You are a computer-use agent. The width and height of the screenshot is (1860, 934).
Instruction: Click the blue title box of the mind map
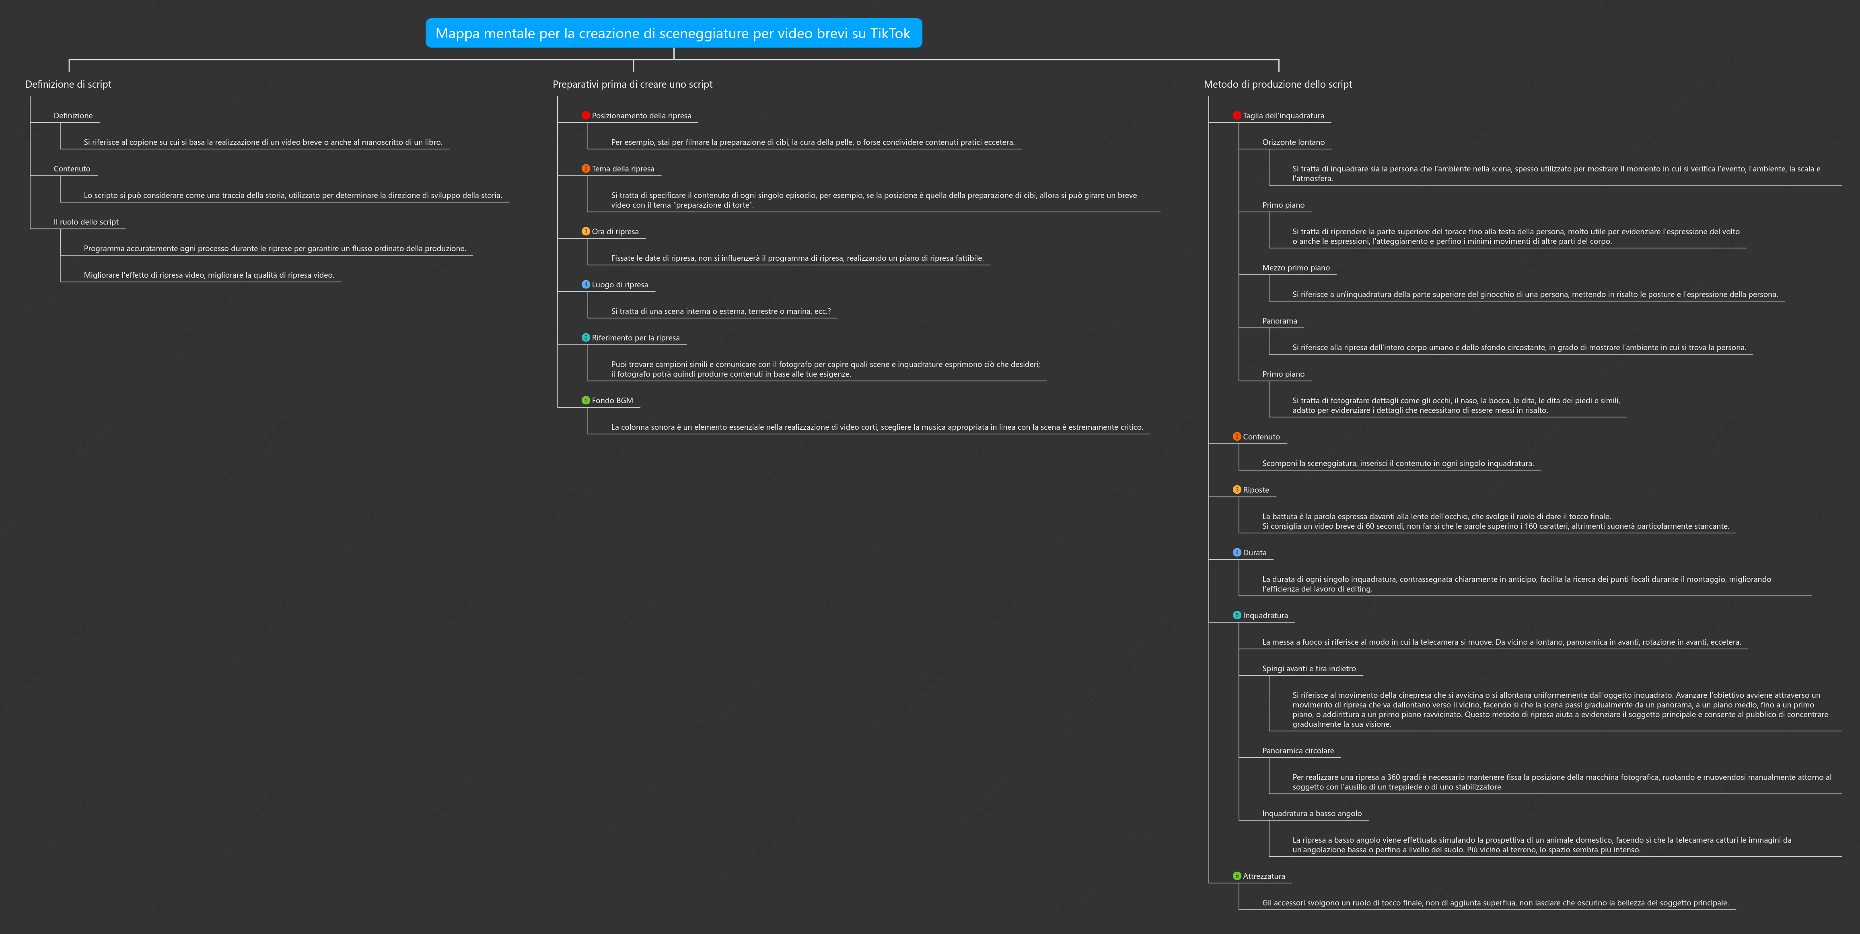click(674, 33)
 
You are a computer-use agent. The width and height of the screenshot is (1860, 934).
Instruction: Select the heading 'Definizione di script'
click(69, 85)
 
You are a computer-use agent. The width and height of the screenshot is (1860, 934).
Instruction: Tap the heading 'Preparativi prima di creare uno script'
click(632, 85)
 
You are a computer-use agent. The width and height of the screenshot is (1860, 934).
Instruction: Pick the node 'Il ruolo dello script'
click(86, 222)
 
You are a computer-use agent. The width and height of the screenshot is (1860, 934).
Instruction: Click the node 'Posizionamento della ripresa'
click(641, 115)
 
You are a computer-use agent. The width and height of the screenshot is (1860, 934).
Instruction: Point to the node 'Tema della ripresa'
click(623, 169)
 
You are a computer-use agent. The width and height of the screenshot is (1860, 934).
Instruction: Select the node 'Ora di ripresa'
click(615, 232)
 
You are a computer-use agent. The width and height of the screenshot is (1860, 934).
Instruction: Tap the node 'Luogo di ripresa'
click(619, 285)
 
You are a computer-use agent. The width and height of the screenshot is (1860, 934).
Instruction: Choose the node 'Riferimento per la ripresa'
click(636, 338)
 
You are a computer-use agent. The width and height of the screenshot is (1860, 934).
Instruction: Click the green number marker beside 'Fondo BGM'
click(586, 400)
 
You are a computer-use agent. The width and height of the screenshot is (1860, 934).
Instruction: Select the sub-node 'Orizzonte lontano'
click(1293, 142)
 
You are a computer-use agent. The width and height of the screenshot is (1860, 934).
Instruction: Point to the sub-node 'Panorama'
click(1280, 321)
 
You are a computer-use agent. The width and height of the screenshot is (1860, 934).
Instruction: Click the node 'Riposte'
click(1256, 490)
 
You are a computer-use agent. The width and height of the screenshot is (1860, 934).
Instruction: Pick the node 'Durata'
click(1254, 553)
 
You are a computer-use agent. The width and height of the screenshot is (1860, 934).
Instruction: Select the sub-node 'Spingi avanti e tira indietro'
click(1309, 669)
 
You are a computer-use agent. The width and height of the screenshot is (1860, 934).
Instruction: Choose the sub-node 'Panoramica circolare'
click(1298, 750)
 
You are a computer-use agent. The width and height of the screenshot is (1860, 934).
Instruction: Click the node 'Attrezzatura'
click(1263, 876)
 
